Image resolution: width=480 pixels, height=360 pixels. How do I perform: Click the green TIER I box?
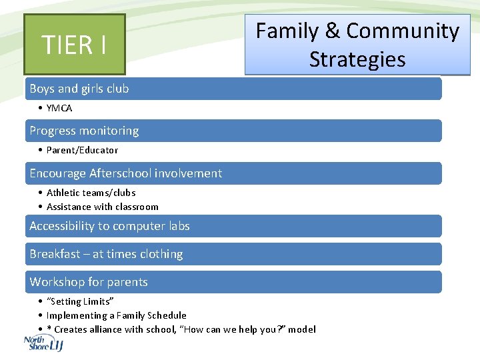coord(74,45)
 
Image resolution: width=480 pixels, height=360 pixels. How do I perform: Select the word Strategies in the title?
coord(357,59)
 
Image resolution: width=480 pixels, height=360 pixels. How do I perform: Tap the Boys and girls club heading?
coord(79,89)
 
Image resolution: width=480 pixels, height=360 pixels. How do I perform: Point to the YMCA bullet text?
coord(59,108)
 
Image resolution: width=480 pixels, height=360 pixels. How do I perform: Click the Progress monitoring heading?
coord(84,131)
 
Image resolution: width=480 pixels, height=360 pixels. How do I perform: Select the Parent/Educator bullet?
coord(82,150)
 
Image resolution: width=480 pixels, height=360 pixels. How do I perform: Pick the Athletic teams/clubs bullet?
coord(91,193)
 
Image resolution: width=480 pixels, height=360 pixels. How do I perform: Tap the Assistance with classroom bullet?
coord(103,207)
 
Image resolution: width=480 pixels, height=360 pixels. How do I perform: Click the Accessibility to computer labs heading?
coord(109,226)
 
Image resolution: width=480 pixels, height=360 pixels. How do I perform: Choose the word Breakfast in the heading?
coord(55,254)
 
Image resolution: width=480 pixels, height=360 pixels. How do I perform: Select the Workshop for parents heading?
coord(89,282)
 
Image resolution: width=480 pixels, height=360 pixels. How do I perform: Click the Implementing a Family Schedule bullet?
coord(117,315)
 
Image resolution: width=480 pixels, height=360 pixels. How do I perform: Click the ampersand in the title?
coord(331,31)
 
